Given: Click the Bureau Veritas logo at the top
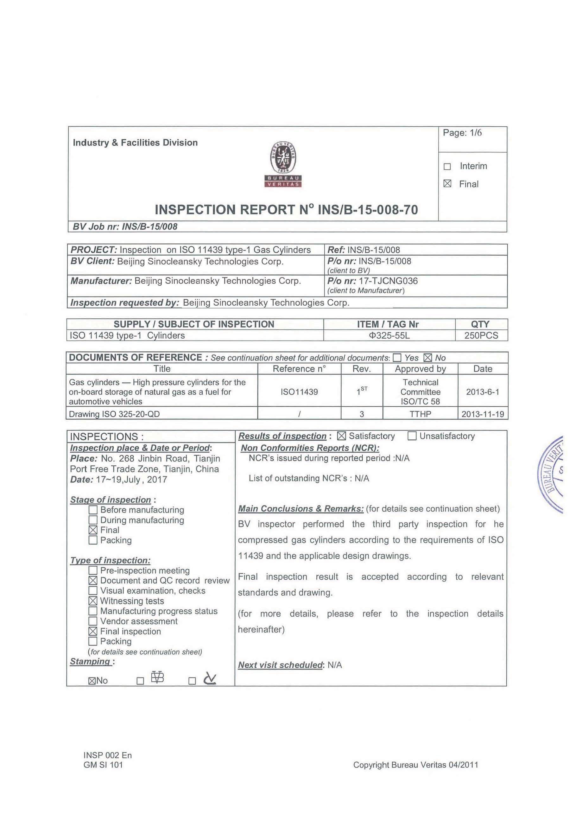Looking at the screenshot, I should tap(283, 164).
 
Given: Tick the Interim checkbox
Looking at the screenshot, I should tap(447, 167).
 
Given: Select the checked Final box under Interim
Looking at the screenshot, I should tap(447, 184).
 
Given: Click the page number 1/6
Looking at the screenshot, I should tap(462, 133).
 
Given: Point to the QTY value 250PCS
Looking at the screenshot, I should tap(481, 335).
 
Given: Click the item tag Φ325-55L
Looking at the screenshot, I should tap(389, 335).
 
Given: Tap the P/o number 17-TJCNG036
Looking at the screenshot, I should tap(388, 281).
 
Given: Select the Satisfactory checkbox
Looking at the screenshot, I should tap(341, 436).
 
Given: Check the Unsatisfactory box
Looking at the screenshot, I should tap(412, 436).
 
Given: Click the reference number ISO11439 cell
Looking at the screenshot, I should tap(299, 392).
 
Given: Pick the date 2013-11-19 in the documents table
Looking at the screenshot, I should tap(482, 414).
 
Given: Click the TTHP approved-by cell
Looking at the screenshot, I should tap(420, 414).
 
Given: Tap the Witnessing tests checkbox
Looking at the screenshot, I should tap(93, 601).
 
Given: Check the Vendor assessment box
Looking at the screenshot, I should tap(93, 621).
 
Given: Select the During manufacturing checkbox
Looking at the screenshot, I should tap(93, 520).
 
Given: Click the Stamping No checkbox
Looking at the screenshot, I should tap(92, 681).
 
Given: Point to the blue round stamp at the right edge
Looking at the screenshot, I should tap(552, 474).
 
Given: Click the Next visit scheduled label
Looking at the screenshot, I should tap(280, 665).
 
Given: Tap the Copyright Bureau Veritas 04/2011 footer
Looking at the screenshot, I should tap(415, 775).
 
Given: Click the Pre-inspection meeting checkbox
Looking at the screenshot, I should tap(93, 570).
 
